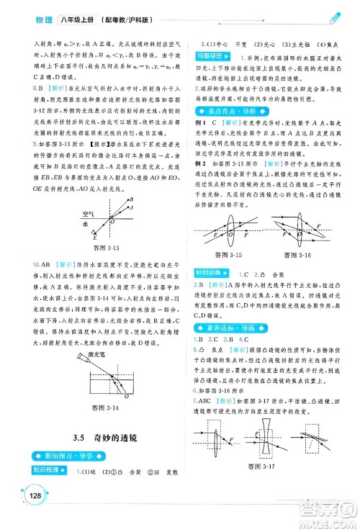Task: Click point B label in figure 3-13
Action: pyautogui.click(x=130, y=198)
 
